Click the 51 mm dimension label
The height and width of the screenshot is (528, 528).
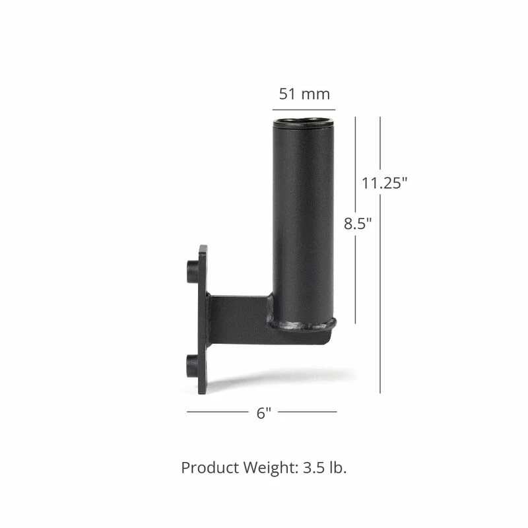(x=304, y=94)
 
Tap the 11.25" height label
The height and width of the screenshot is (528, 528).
(x=384, y=183)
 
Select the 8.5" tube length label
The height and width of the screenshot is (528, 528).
(x=358, y=223)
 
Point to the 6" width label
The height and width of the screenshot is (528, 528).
(x=264, y=413)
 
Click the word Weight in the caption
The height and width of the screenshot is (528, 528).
(x=270, y=469)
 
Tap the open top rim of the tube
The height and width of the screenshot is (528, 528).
(x=304, y=122)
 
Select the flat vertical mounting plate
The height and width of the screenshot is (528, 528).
(x=203, y=320)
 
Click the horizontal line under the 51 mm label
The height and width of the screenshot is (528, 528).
(x=304, y=109)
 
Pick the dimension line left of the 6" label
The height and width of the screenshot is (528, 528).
(x=217, y=412)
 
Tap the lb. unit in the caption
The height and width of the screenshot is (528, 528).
(x=337, y=468)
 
